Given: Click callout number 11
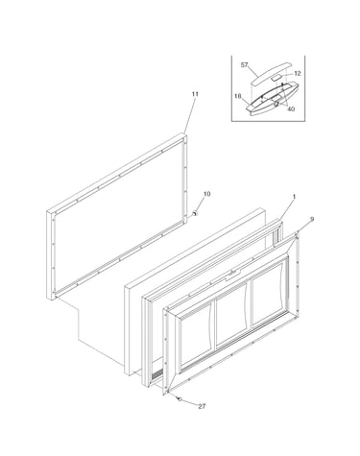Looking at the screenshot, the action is [x=195, y=94].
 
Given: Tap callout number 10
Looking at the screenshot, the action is [x=207, y=194].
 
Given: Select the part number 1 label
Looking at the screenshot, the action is [x=294, y=197].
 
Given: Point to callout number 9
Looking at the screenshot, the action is [x=312, y=219].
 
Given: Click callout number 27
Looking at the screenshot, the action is [x=202, y=406].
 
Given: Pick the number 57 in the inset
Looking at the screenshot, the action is [x=244, y=65].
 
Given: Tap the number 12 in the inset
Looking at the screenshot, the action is [x=298, y=73].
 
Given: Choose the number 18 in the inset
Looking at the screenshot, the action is [x=238, y=96].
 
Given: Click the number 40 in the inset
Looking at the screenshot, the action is [x=291, y=108].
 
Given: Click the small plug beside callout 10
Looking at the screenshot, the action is [x=194, y=213].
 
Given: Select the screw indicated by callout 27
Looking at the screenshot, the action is [x=180, y=399].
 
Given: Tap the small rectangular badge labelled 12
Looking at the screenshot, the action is [x=276, y=78].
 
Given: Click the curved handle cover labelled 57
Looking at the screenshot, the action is [x=271, y=73].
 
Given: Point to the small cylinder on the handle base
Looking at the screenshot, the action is [x=276, y=103].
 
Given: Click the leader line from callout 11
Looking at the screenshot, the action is [x=190, y=115].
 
